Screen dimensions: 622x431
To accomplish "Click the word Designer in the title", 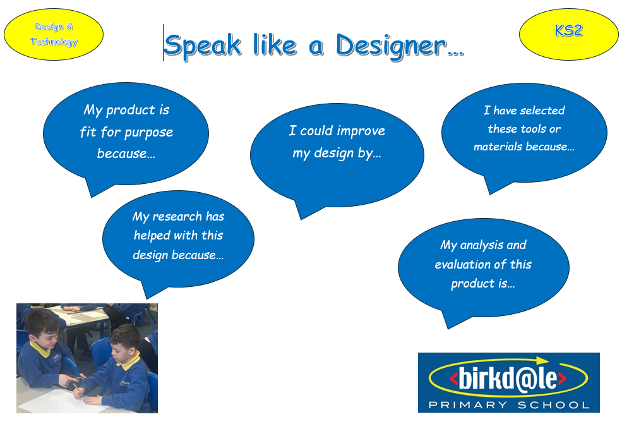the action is [x=391, y=46].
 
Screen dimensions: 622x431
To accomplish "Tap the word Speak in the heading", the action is [x=202, y=46].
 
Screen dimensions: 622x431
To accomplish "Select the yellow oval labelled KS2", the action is [x=568, y=35].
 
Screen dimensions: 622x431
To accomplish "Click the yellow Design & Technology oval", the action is [x=54, y=35].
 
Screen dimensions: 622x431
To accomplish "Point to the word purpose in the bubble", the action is [x=149, y=133].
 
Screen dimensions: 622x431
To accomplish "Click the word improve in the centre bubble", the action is [x=361, y=131].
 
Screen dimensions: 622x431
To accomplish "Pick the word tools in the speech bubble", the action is [x=533, y=129].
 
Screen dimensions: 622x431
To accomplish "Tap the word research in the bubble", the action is [x=177, y=217].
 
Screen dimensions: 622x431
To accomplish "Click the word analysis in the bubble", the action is [x=482, y=245].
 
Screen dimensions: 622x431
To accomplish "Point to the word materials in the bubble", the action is [x=498, y=147].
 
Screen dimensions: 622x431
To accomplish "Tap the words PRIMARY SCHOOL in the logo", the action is [x=509, y=405].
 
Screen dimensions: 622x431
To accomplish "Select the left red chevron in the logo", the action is [x=453, y=378].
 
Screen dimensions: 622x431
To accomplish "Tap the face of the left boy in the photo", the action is [x=46, y=337].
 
